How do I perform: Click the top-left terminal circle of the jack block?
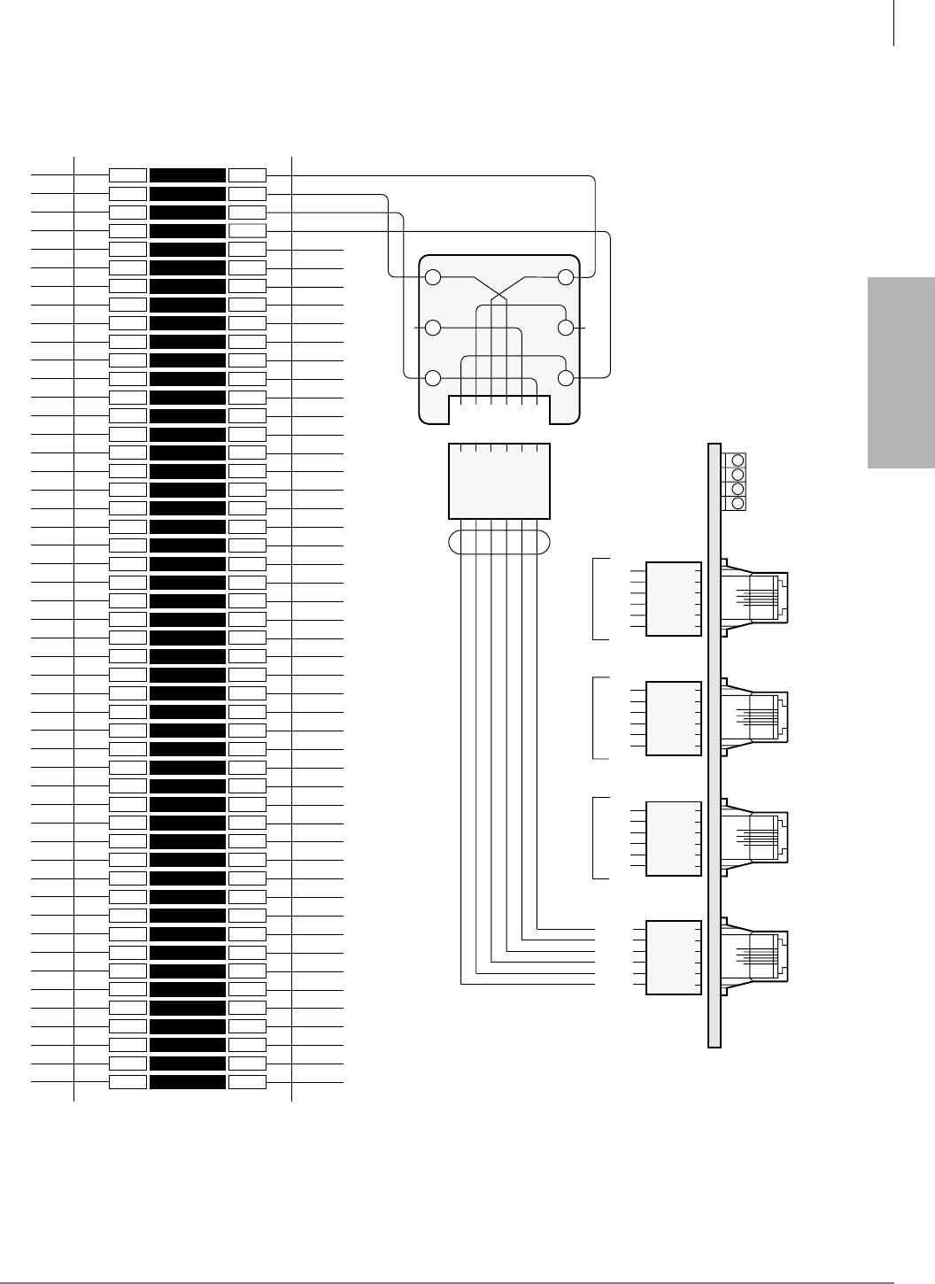433,277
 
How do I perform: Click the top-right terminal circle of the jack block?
567,277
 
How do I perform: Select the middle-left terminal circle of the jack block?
433,328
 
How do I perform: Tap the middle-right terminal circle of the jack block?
567,328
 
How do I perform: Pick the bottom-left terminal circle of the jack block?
433,378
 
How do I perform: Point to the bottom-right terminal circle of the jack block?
567,378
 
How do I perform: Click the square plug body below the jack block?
499,481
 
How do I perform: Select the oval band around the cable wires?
499,542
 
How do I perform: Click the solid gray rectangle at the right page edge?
901,373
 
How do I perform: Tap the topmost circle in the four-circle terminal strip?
738,460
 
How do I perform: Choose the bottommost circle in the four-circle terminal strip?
738,503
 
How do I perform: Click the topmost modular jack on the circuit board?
754,598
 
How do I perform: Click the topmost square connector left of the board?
674,599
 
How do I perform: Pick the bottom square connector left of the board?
674,957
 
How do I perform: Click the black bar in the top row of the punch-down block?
188,175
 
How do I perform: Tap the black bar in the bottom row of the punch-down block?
188,1081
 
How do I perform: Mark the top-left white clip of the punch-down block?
127,175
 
